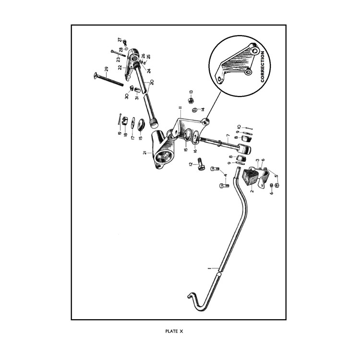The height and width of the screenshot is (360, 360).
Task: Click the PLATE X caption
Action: pyautogui.click(x=174, y=331)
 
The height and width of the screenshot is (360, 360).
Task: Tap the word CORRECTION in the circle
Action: pyautogui.click(x=263, y=67)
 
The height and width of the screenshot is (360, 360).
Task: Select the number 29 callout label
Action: pyautogui.click(x=106, y=70)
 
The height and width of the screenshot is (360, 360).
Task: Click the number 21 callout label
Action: pyautogui.click(x=144, y=153)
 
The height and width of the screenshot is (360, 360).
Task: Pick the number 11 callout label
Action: pyautogui.click(x=180, y=108)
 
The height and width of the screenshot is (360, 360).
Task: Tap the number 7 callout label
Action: pyautogui.click(x=228, y=136)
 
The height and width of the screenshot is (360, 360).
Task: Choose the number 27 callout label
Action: pyautogui.click(x=120, y=40)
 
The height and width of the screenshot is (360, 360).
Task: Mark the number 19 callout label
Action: pyautogui.click(x=120, y=133)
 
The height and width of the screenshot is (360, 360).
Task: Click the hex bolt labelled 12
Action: pyautogui.click(x=200, y=164)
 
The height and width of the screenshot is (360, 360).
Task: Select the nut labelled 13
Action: pyautogui.click(x=191, y=100)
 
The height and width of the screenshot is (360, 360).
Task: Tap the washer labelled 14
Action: pyautogui.click(x=194, y=110)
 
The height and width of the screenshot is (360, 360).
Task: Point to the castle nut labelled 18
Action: pyautogui.click(x=124, y=120)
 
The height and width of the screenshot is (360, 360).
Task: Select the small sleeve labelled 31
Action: pyautogui.click(x=138, y=90)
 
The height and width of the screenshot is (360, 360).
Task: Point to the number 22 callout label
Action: pyautogui.click(x=120, y=67)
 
